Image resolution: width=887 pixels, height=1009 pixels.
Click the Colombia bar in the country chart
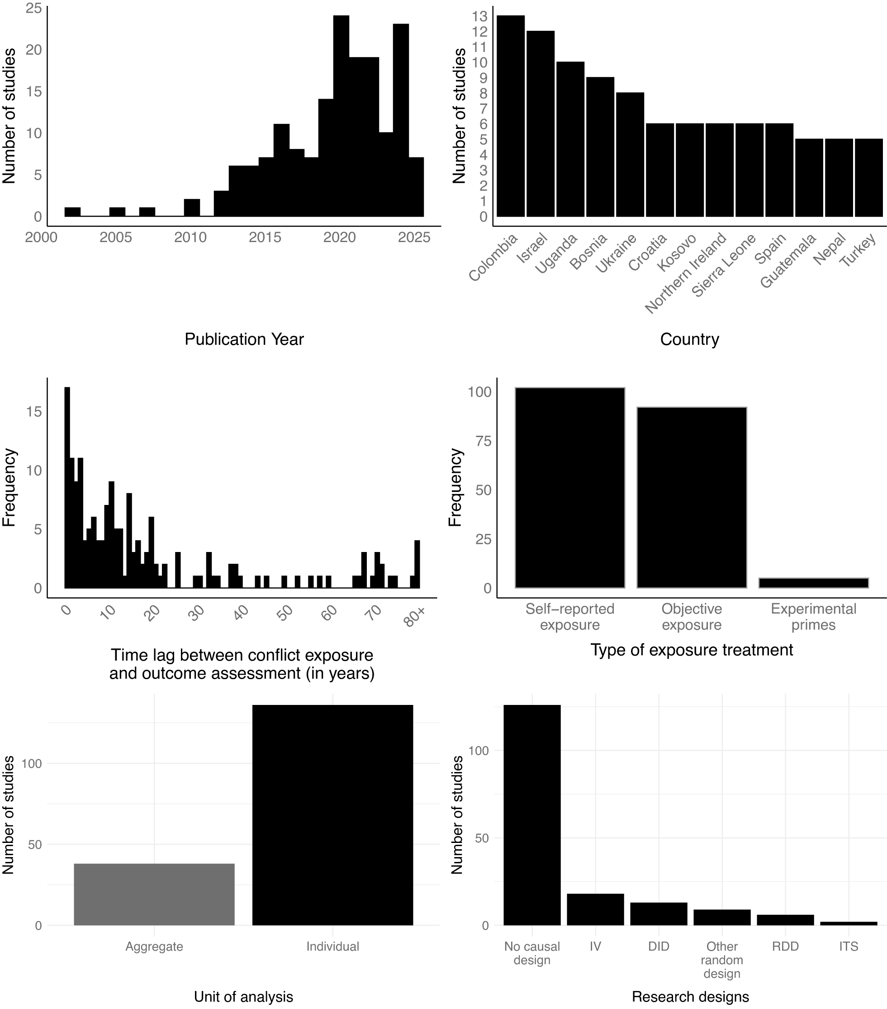click(x=510, y=116)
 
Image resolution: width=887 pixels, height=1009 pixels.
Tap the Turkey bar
click(x=868, y=178)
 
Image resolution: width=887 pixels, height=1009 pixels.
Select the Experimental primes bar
click(x=813, y=582)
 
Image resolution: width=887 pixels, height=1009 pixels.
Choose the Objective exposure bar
click(x=691, y=497)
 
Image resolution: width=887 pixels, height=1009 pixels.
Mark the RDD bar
click(x=785, y=920)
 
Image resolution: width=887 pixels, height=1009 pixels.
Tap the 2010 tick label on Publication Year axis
click(x=190, y=238)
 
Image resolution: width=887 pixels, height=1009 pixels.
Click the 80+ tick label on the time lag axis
click(x=415, y=617)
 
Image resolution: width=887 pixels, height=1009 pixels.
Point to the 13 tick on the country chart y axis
click(x=479, y=16)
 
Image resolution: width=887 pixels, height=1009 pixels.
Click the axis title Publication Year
click(x=244, y=339)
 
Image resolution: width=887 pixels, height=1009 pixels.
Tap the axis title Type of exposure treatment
click(x=691, y=650)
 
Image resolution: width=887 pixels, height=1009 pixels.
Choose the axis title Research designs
click(x=690, y=997)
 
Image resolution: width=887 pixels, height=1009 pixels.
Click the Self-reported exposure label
click(x=569, y=617)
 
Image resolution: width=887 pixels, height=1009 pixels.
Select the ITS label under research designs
click(x=848, y=946)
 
